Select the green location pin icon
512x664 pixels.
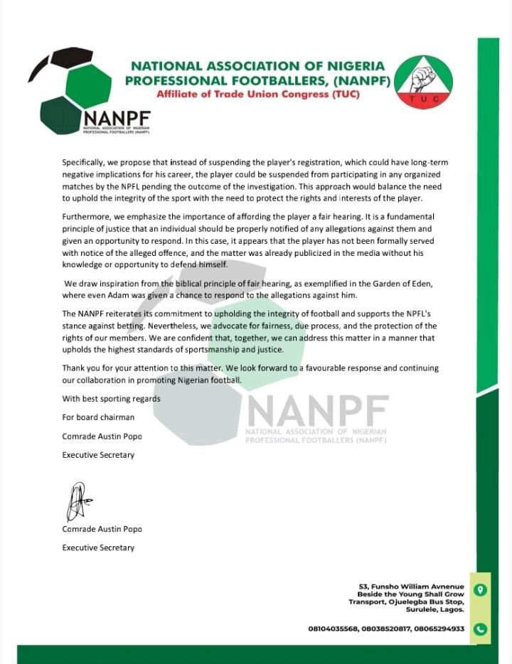tap(480, 591)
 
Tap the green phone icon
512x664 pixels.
tap(480, 628)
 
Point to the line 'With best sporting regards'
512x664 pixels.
tap(111, 398)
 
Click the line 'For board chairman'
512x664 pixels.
tap(97, 417)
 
